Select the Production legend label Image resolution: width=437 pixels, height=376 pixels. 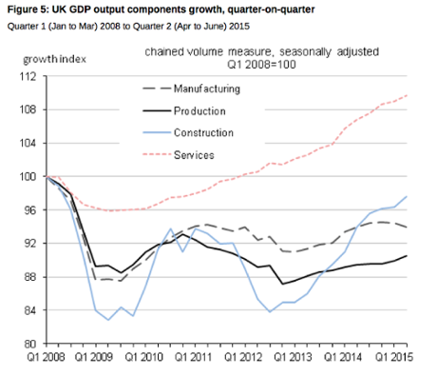201,110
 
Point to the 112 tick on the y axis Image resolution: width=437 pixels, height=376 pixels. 29,77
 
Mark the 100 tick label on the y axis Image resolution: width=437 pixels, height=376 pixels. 29,177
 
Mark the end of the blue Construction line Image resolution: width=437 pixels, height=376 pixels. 408,196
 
